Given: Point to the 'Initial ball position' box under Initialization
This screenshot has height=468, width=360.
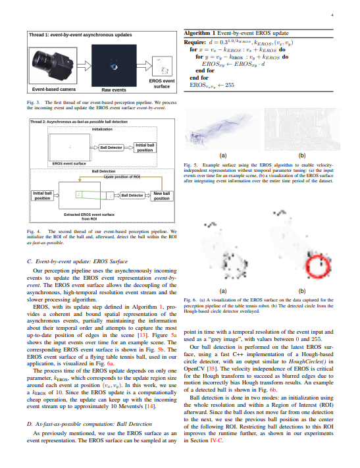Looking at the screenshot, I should click(144, 147).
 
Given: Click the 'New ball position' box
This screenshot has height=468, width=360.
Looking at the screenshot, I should click(161, 195).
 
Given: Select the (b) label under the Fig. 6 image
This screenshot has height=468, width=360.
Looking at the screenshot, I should click(302, 290).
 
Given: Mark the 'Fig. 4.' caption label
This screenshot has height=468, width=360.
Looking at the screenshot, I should click(34, 232).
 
